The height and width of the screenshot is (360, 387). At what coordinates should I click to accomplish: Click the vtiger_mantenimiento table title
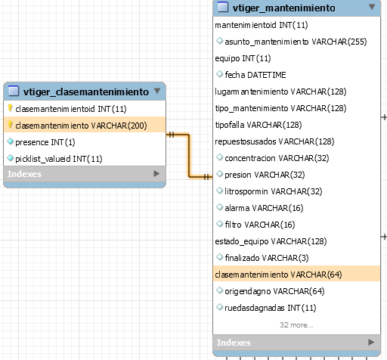pyautogui.click(x=284, y=8)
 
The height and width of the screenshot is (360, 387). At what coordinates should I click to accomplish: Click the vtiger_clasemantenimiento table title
pyautogui.click(x=86, y=92)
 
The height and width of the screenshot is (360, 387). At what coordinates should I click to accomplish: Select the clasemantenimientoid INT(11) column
pyautogui.click(x=71, y=109)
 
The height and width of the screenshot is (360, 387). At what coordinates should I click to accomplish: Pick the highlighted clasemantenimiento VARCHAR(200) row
pyautogui.click(x=85, y=126)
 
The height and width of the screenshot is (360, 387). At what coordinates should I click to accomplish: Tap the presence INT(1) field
pyautogui.click(x=45, y=142)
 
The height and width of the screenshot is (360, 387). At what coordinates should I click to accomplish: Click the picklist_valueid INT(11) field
pyautogui.click(x=59, y=159)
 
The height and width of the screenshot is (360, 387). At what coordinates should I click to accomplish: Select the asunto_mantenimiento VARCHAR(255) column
pyautogui.click(x=296, y=42)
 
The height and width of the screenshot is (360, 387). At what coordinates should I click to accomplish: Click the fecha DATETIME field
pyautogui.click(x=255, y=75)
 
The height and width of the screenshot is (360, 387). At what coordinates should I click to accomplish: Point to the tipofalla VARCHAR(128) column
pyautogui.click(x=259, y=125)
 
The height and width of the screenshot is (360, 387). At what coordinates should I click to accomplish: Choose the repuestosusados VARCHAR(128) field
pyautogui.click(x=274, y=141)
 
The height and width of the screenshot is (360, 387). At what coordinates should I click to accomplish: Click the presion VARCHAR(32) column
pyautogui.click(x=265, y=175)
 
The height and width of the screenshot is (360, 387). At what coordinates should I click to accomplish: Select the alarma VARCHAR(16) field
pyautogui.click(x=264, y=208)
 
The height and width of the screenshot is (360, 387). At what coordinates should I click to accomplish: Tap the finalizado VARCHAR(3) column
pyautogui.click(x=267, y=258)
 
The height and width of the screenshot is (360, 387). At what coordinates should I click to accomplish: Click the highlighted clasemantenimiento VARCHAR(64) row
pyautogui.click(x=296, y=275)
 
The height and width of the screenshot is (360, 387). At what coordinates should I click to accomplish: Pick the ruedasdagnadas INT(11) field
pyautogui.click(x=271, y=308)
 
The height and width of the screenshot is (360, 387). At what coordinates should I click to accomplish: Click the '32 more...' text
pyautogui.click(x=296, y=325)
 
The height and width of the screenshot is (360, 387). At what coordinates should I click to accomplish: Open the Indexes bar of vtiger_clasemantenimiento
pyautogui.click(x=85, y=174)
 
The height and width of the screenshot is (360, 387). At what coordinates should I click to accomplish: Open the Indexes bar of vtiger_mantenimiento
pyautogui.click(x=296, y=343)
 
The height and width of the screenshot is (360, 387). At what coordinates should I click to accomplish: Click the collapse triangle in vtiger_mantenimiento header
pyautogui.click(x=372, y=7)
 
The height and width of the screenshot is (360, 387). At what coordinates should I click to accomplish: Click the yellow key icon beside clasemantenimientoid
pyautogui.click(x=10, y=108)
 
